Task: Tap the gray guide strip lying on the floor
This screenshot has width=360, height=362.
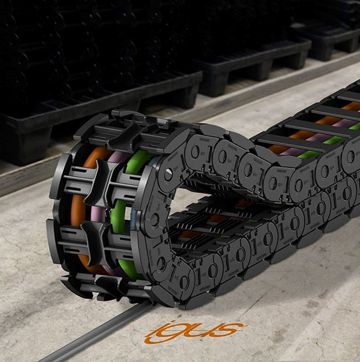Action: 96,333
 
